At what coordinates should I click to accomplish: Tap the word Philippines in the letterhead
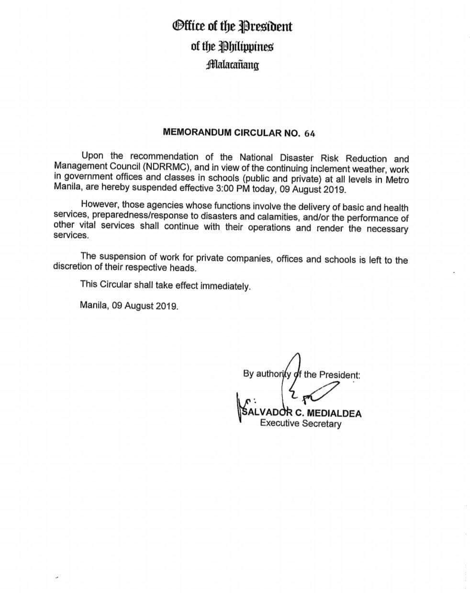click(x=246, y=46)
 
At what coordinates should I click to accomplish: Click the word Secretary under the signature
click(x=321, y=423)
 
